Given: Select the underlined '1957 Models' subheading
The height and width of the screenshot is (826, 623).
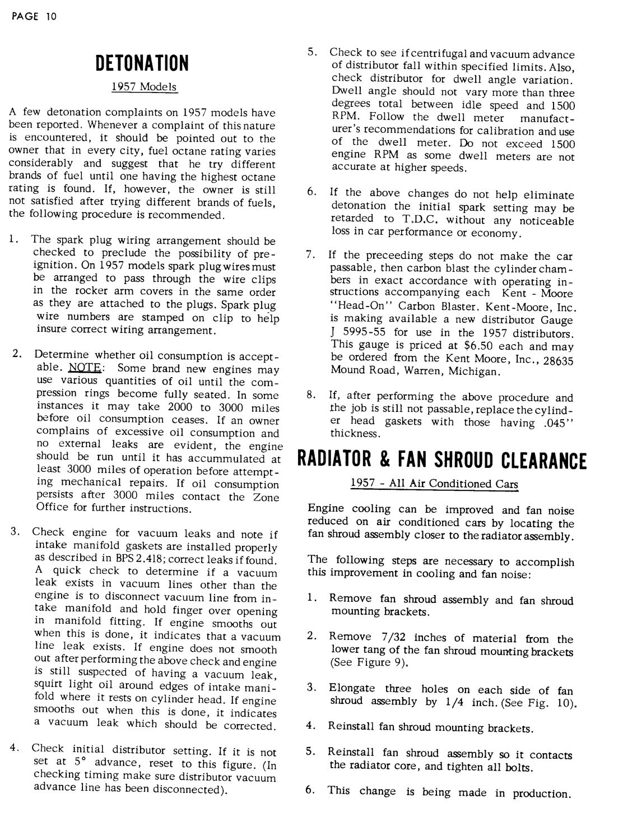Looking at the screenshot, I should pyautogui.click(x=144, y=87).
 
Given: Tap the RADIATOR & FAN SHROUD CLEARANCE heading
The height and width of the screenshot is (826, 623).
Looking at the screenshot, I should pyautogui.click(x=441, y=461).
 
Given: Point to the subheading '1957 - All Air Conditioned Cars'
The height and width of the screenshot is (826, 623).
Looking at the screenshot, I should pyautogui.click(x=434, y=484).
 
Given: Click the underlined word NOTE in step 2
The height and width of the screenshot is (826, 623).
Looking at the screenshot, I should pyautogui.click(x=85, y=368).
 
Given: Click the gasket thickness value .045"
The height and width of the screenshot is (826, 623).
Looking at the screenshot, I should pyautogui.click(x=555, y=422).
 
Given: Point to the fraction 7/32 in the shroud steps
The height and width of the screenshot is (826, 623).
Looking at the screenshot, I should pyautogui.click(x=392, y=637).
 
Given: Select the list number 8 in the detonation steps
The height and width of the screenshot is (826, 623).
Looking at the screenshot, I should pyautogui.click(x=310, y=396).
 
